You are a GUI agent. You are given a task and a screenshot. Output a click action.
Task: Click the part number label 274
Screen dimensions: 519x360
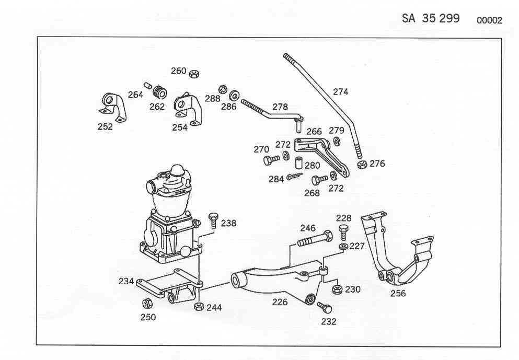click(341, 91)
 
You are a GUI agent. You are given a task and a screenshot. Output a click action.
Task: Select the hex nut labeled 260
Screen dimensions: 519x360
click(194, 74)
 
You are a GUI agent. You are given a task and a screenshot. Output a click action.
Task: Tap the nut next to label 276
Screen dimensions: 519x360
click(362, 164)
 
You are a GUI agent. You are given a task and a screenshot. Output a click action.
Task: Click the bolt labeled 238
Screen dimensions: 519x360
click(213, 219)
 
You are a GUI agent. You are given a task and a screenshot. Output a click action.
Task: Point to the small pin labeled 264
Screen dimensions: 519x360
click(147, 85)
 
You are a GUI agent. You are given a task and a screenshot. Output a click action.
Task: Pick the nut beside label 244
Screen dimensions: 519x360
click(199, 306)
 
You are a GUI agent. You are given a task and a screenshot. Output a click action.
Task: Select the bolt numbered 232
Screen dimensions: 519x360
click(325, 307)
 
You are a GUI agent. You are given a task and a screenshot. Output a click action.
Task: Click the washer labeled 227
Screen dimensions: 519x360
click(343, 247)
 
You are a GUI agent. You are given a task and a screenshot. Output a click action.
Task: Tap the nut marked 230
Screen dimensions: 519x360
click(337, 289)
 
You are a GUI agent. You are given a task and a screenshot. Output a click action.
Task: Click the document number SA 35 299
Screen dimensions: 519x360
click(431, 18)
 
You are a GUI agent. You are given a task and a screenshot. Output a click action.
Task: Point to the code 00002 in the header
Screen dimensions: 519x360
click(489, 20)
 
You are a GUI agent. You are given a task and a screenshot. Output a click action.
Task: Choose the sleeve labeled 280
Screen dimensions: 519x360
click(299, 162)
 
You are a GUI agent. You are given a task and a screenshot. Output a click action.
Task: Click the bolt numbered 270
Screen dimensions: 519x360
click(271, 160)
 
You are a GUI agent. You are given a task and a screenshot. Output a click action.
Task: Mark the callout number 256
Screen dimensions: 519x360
click(398, 294)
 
